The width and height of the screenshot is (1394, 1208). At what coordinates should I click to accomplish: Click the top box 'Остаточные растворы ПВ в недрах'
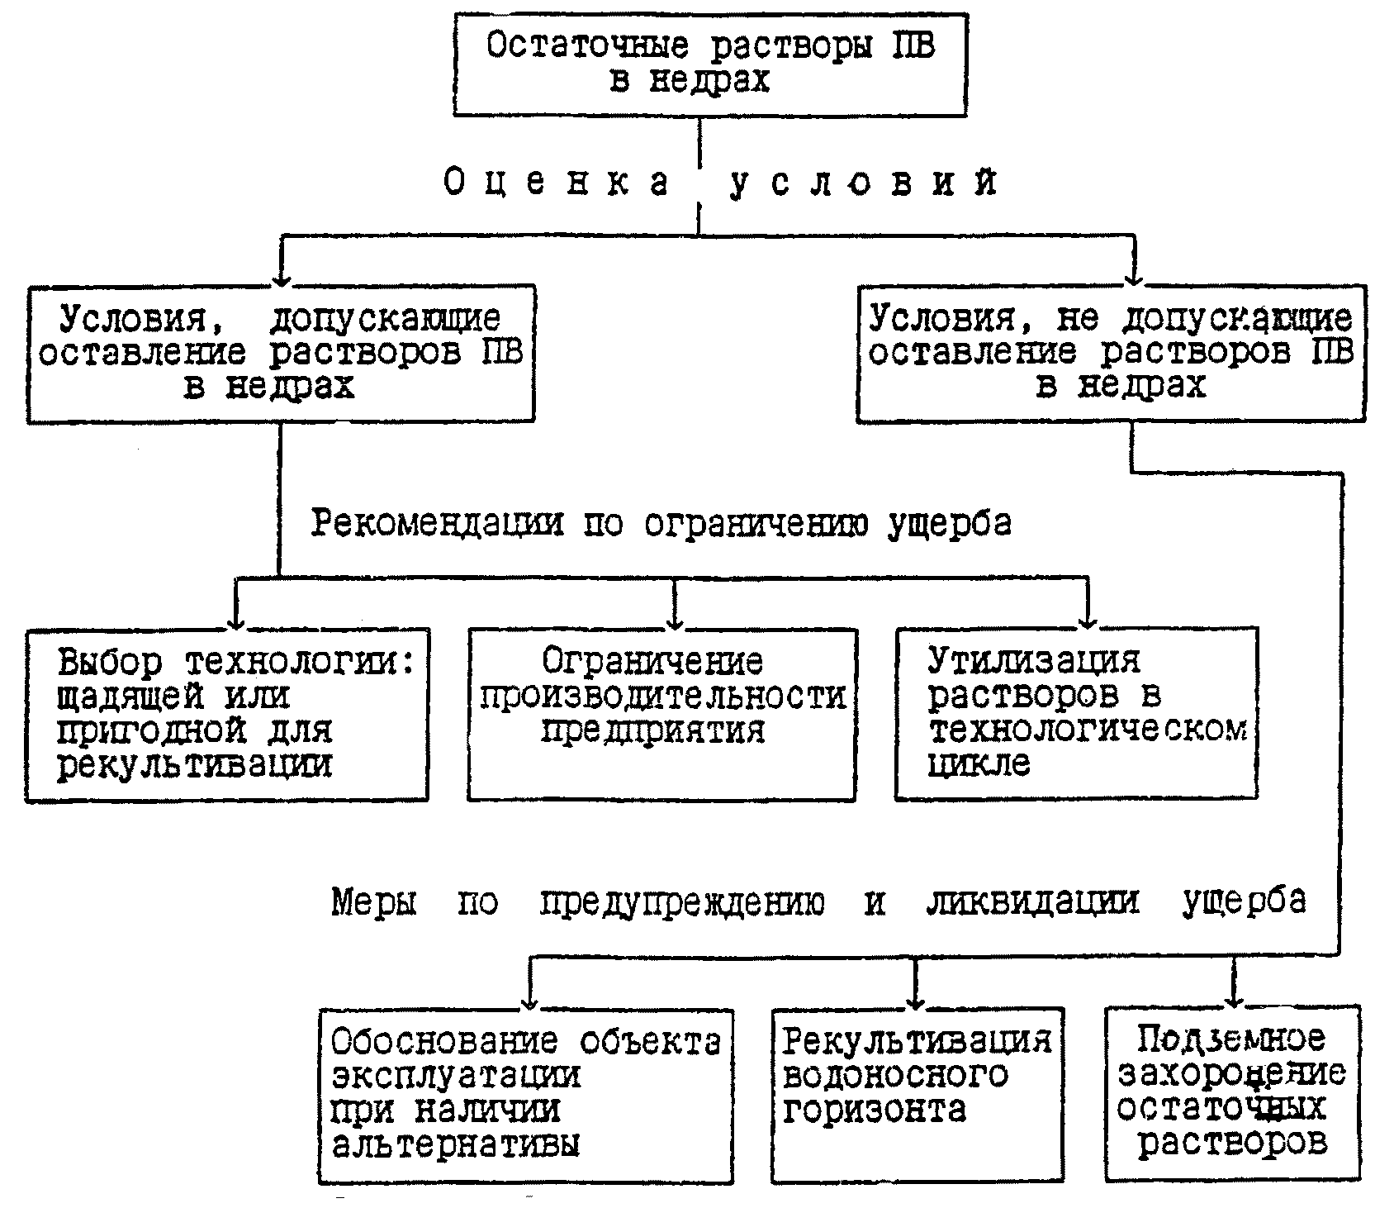coord(709,64)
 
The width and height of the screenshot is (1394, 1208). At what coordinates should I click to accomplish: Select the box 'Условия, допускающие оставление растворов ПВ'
coord(281,354)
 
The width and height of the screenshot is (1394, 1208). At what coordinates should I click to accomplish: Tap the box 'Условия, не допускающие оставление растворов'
coord(1111,354)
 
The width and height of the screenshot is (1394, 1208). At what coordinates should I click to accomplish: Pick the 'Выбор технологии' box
coord(226,715)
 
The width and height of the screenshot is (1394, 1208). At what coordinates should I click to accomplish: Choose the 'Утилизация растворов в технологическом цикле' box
coord(1076,713)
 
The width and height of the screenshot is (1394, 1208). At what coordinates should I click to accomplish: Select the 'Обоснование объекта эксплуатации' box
coord(525,1096)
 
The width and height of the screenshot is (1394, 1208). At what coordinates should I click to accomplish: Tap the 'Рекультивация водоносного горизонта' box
coord(917,1094)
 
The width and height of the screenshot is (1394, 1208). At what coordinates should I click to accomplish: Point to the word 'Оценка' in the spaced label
coord(557,183)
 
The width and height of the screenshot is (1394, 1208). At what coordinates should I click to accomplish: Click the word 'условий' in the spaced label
coord(863,183)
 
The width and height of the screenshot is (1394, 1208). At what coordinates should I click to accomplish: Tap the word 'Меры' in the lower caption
coord(374,901)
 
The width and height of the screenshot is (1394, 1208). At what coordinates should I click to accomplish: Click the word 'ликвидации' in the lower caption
coord(1032,901)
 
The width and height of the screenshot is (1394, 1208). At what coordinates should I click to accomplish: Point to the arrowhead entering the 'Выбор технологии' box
coord(237,621)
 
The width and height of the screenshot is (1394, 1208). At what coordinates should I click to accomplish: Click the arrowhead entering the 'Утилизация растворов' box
coord(1088,620)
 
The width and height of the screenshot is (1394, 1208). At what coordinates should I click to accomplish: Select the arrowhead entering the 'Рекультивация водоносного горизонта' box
coord(914,1001)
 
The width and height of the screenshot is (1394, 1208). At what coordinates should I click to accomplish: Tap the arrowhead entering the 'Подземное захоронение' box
coord(1233,999)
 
